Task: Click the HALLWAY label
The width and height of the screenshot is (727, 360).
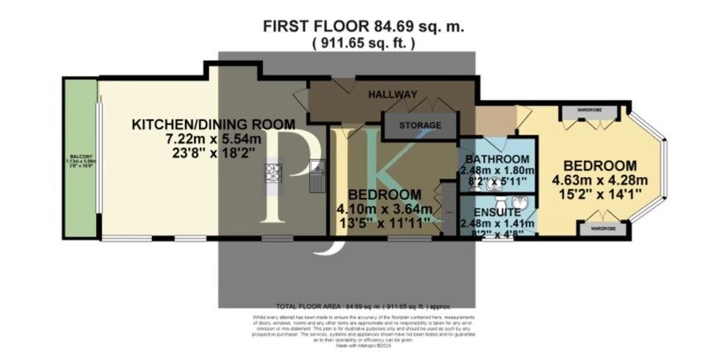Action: click(x=393, y=94)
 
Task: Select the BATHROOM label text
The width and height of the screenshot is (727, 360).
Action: click(x=498, y=159)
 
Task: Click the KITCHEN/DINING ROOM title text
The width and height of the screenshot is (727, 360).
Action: click(x=214, y=124)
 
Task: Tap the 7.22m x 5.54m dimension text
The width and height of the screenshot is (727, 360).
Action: click(x=214, y=139)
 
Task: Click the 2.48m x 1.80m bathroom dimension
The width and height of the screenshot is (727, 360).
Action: click(x=499, y=172)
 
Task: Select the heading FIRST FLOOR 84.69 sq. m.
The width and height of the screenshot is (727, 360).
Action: click(x=364, y=27)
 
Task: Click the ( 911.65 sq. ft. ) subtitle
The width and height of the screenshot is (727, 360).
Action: click(x=363, y=43)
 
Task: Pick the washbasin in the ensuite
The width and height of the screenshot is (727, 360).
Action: click(x=520, y=202)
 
